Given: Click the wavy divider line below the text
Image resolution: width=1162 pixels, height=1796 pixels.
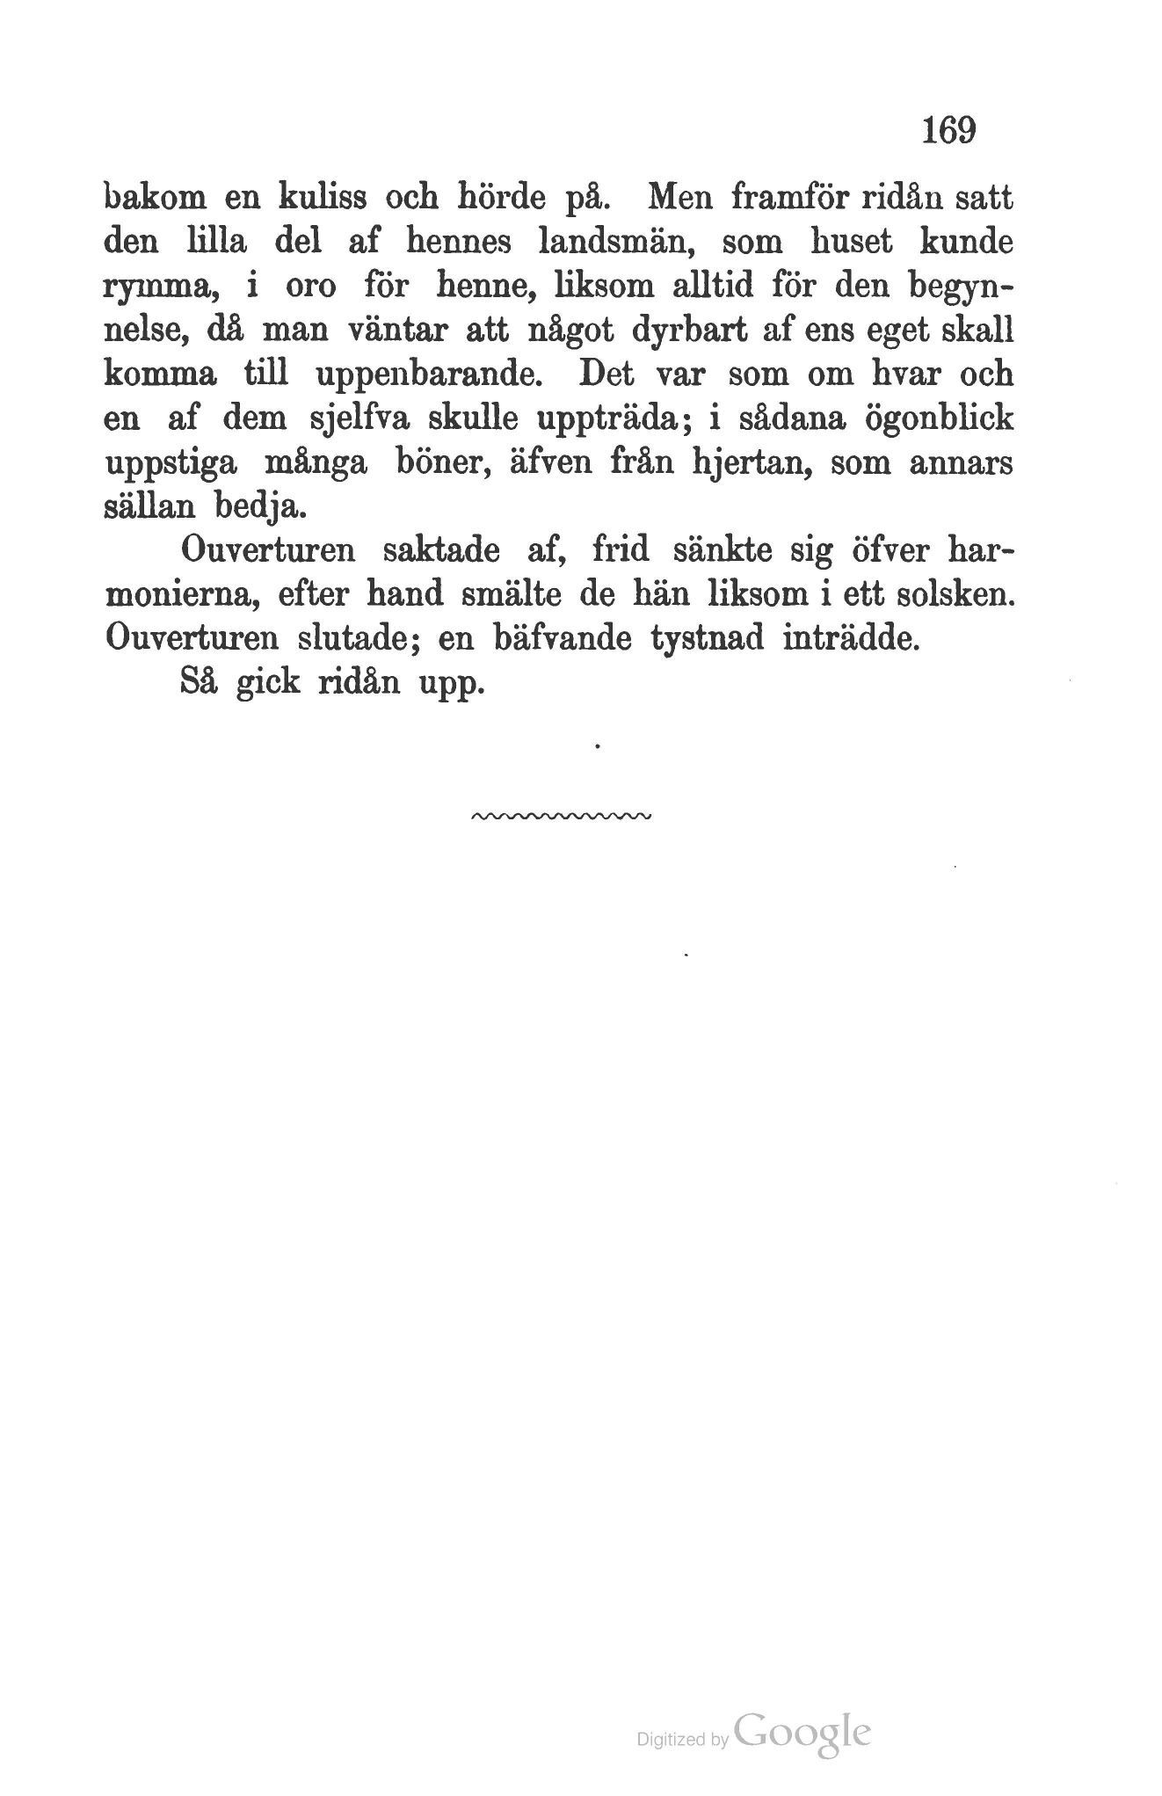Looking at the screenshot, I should pos(560,817).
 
